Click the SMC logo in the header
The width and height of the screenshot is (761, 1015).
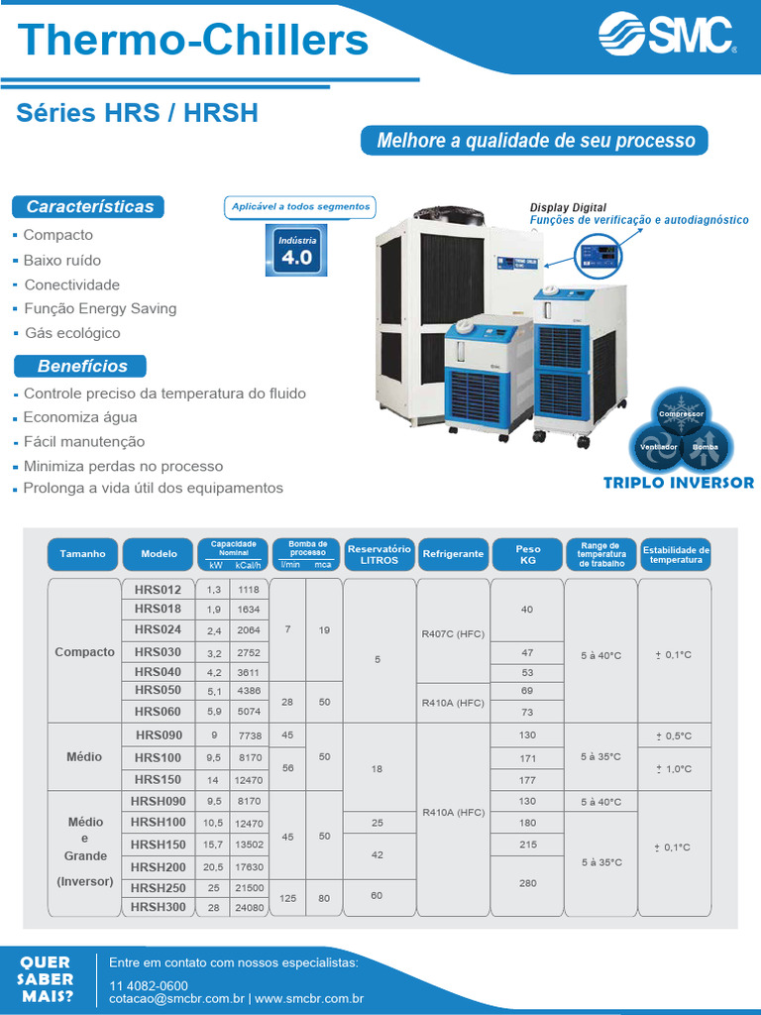tap(666, 37)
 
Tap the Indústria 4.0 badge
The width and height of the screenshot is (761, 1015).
tap(296, 250)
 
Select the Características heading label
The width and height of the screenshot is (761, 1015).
tap(89, 207)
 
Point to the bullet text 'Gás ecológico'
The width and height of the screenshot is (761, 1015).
tap(71, 333)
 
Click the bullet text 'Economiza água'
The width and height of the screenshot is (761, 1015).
tap(80, 417)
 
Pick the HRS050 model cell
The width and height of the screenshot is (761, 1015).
tap(158, 690)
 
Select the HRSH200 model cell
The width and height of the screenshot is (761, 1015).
tap(158, 867)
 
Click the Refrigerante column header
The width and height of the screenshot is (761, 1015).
tap(453, 554)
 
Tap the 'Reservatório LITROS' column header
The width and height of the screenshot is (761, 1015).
tap(379, 554)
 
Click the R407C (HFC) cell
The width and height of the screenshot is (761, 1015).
tap(453, 632)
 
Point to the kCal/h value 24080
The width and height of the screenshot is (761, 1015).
tap(249, 907)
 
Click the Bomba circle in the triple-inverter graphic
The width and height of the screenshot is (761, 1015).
tap(706, 448)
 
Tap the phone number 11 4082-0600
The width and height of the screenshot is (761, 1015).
tap(149, 985)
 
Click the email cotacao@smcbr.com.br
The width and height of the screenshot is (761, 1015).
tap(175, 999)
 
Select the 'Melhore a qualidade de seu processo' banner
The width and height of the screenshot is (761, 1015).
tap(535, 141)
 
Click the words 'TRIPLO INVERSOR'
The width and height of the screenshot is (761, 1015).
tap(679, 484)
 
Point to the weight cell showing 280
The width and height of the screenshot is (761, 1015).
tap(527, 882)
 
